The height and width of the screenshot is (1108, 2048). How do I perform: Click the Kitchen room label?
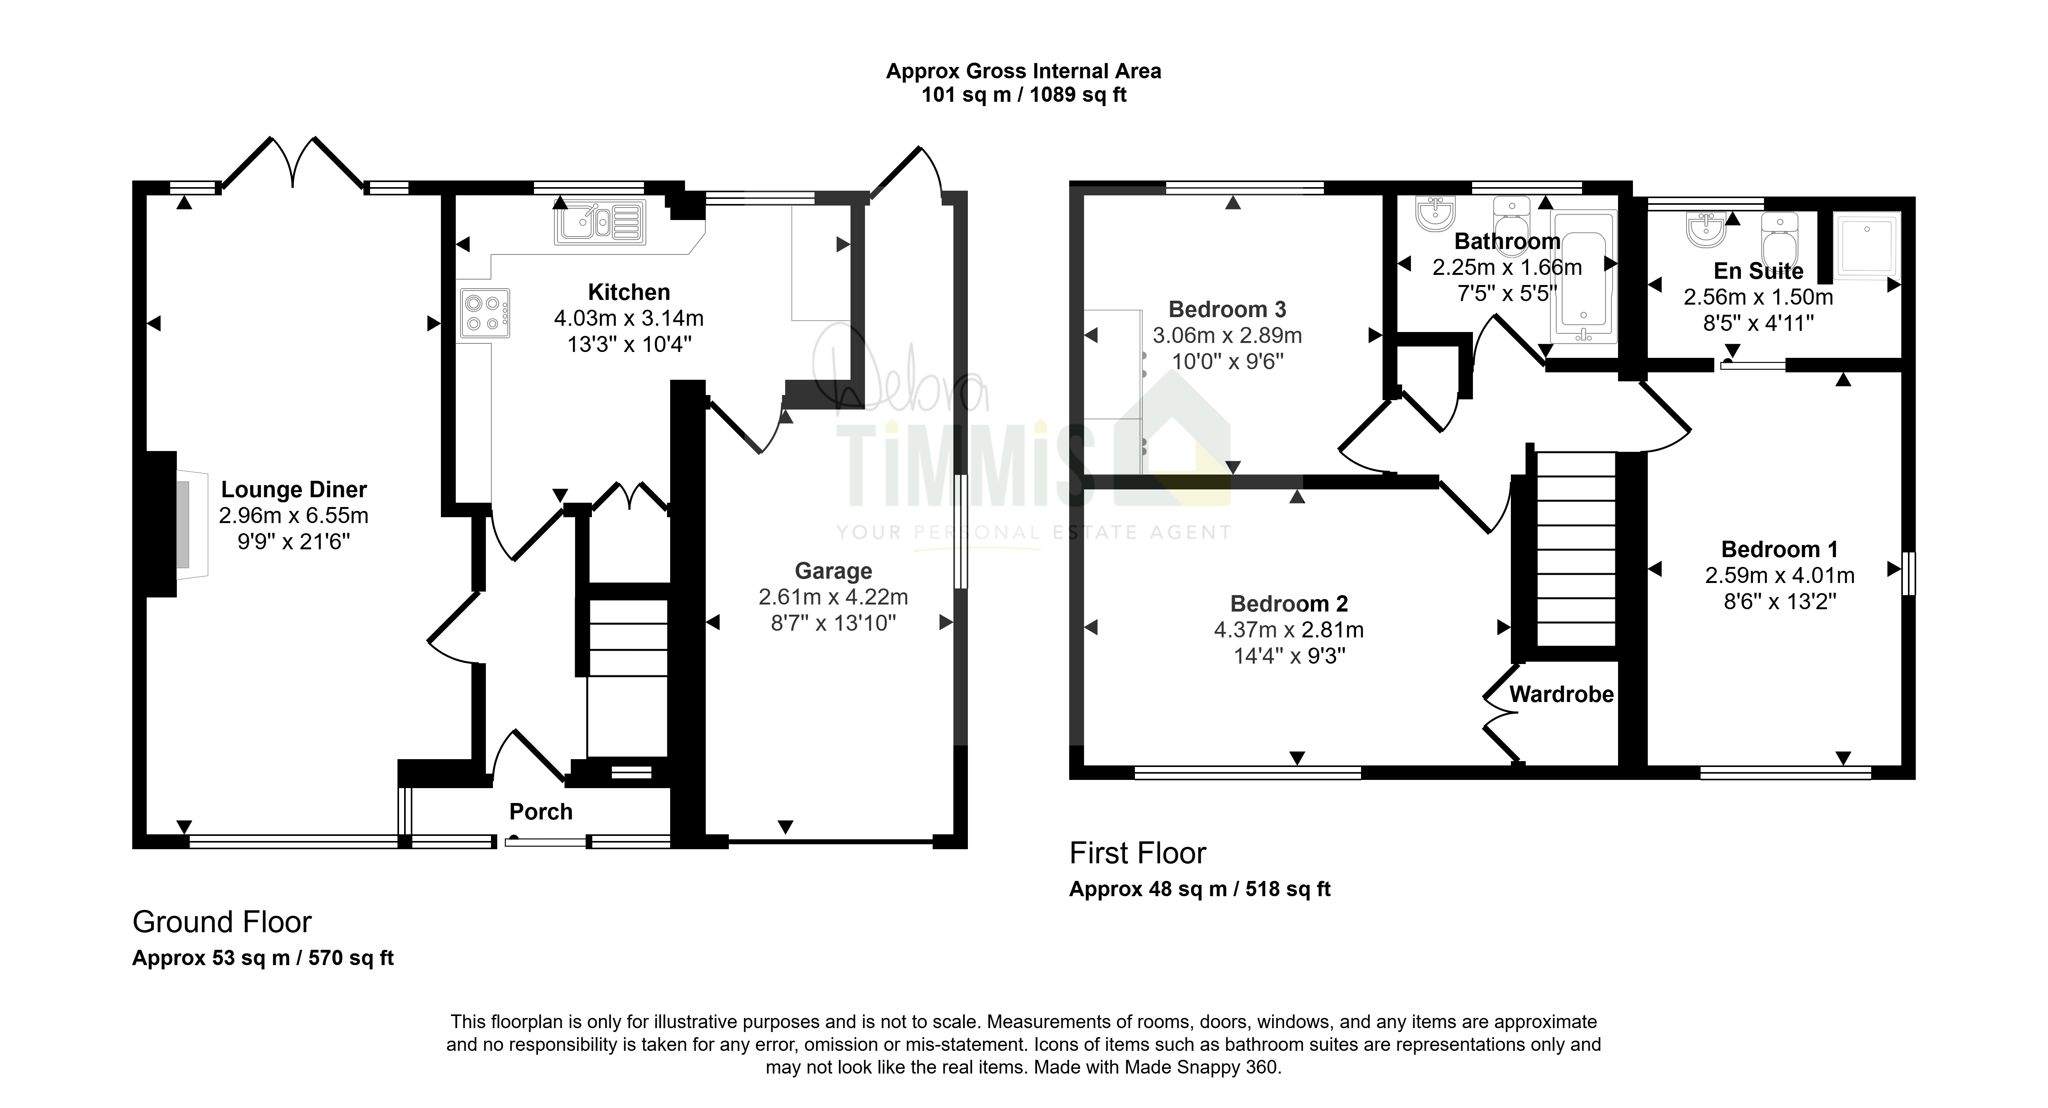[629, 292]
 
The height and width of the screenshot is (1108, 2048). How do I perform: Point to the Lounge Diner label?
[294, 489]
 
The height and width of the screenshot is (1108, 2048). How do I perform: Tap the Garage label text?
[833, 571]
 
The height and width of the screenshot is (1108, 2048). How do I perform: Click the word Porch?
[541, 811]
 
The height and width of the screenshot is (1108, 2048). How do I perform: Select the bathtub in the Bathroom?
[1584, 277]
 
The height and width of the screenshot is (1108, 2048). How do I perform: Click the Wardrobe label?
[1561, 695]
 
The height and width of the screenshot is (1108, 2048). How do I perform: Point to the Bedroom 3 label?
[1228, 309]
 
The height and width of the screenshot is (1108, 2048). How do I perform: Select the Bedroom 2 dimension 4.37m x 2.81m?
[1289, 630]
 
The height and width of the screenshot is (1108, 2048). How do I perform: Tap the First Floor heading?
[1138, 854]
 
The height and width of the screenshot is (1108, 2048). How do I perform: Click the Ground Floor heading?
[222, 922]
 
